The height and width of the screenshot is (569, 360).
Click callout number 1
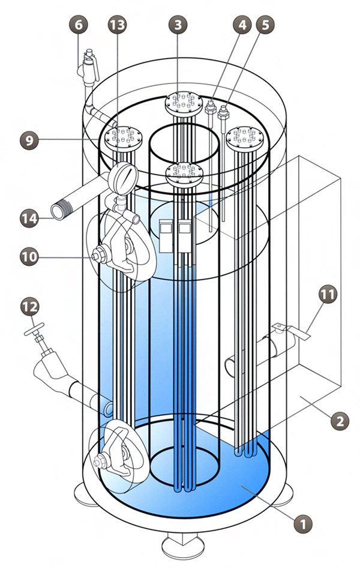click(304, 523)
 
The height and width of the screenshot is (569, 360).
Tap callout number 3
click(178, 25)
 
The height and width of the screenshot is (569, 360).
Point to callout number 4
click(242, 26)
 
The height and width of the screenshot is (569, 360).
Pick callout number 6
click(80, 26)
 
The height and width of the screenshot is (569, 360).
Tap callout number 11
click(329, 295)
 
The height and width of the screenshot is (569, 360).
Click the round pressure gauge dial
click(123, 178)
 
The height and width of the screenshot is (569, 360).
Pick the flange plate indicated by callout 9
click(123, 137)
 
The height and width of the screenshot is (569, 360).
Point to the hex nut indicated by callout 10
click(97, 256)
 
